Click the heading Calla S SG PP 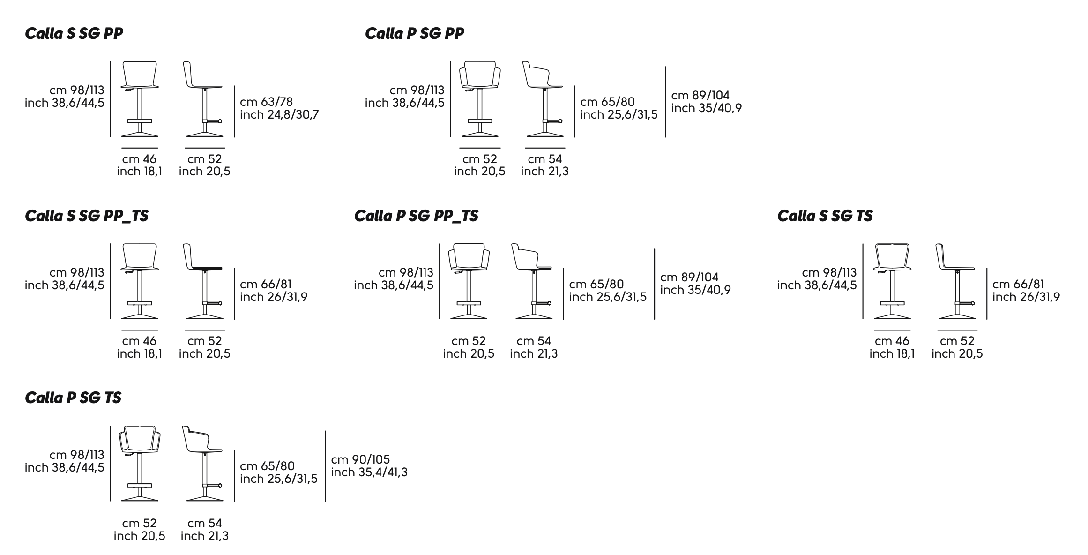pyautogui.click(x=74, y=34)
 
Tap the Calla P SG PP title pyautogui.click(x=414, y=34)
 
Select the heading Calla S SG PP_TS pyautogui.click(x=87, y=216)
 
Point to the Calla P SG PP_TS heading pyautogui.click(x=416, y=216)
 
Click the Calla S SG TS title pyautogui.click(x=825, y=216)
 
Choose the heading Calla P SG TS pyautogui.click(x=73, y=398)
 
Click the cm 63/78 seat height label pyautogui.click(x=266, y=102)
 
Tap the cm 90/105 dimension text pyautogui.click(x=360, y=459)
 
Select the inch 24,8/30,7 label pyautogui.click(x=279, y=115)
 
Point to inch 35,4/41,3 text pyautogui.click(x=369, y=472)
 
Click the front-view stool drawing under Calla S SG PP pyautogui.click(x=140, y=99)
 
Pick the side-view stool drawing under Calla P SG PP pyautogui.click(x=544, y=99)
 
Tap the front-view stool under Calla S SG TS pyautogui.click(x=892, y=281)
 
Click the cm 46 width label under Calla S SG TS pyautogui.click(x=892, y=341)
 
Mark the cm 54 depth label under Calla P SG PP pyautogui.click(x=544, y=159)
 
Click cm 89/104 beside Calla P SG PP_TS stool pyautogui.click(x=689, y=277)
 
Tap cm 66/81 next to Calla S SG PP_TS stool pyautogui.click(x=266, y=285)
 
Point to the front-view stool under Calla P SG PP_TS pyautogui.click(x=469, y=281)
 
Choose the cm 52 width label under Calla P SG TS pyautogui.click(x=139, y=523)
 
